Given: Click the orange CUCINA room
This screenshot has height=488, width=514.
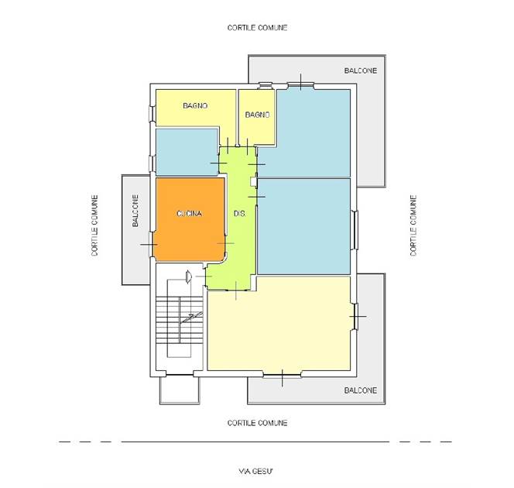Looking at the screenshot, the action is click(x=190, y=219).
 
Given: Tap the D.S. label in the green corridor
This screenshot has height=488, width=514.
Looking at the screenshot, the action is click(x=240, y=214).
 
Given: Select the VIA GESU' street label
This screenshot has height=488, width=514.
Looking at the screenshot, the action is click(x=255, y=471).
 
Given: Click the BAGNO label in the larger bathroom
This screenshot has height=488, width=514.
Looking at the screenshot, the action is click(x=195, y=105).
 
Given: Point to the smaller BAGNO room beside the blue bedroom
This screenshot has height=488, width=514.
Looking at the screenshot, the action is click(x=256, y=117).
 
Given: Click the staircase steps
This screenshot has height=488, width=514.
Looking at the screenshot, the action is click(x=180, y=320).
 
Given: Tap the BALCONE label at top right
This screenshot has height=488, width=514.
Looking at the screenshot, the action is click(x=360, y=70).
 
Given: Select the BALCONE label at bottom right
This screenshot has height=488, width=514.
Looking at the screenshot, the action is click(x=360, y=390).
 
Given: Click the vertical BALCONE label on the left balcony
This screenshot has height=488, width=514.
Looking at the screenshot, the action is click(x=135, y=211).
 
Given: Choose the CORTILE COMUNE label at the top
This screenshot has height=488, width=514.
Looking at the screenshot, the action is click(x=257, y=28).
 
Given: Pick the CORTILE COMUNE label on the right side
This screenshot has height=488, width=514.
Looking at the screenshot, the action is click(x=413, y=225).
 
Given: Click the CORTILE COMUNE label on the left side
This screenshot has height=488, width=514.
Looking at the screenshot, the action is click(x=94, y=225).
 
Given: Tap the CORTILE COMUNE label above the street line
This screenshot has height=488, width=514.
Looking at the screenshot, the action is click(x=257, y=423).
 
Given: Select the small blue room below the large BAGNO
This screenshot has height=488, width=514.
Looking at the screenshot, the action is click(x=187, y=152).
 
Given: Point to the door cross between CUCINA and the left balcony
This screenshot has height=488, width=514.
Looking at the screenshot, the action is click(x=149, y=244).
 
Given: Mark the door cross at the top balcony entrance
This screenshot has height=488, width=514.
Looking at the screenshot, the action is click(x=301, y=81).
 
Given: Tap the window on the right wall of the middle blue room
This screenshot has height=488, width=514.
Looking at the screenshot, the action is click(x=355, y=230).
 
